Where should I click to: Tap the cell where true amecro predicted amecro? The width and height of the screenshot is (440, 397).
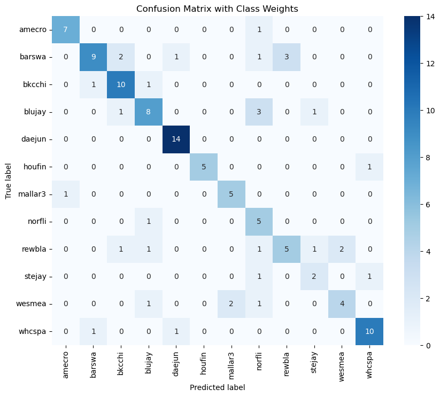(66, 30)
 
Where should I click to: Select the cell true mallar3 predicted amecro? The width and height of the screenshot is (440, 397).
(66, 194)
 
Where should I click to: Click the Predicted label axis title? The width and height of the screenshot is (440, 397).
(217, 387)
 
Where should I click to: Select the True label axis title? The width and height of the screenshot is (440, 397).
(9, 181)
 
